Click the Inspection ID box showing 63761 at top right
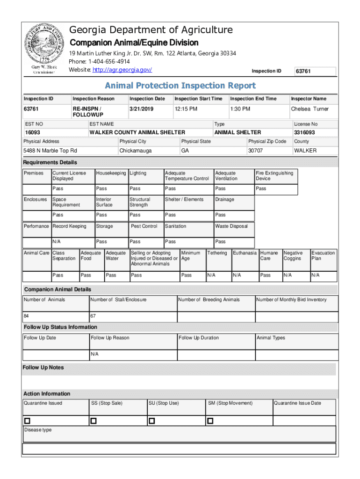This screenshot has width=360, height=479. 315,72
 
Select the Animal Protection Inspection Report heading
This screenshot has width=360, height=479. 180,86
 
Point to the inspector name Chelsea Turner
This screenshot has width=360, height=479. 310,109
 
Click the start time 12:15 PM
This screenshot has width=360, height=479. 186,109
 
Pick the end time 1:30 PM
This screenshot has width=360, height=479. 240,109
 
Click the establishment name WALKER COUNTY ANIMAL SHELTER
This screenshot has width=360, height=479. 137,132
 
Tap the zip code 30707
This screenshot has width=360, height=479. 255,151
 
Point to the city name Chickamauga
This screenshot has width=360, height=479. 136,151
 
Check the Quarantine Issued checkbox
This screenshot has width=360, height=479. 27,421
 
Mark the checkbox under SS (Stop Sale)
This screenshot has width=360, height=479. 94,421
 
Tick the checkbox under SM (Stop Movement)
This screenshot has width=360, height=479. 210,421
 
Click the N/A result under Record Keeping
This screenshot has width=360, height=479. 57,242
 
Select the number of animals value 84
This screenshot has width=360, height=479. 27,316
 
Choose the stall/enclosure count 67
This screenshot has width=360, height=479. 93,316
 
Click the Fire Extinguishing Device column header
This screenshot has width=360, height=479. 274,176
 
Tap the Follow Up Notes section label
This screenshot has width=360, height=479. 43,368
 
